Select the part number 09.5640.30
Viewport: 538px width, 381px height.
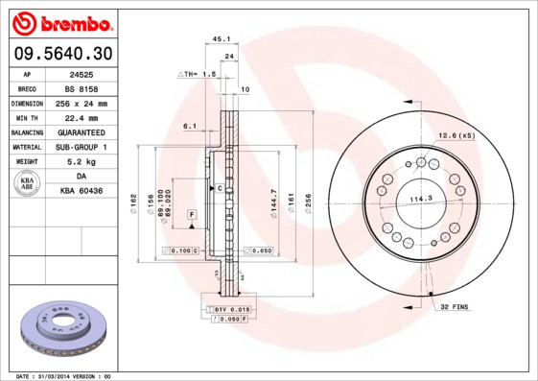[61, 54]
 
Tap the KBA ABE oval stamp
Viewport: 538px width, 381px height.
[28, 184]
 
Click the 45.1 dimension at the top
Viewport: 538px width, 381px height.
[221, 39]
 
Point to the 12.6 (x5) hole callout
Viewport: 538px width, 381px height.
[456, 135]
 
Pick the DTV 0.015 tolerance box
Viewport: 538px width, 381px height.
[231, 309]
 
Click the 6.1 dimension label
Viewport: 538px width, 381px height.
[189, 126]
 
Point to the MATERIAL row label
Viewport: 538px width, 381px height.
[27, 147]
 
